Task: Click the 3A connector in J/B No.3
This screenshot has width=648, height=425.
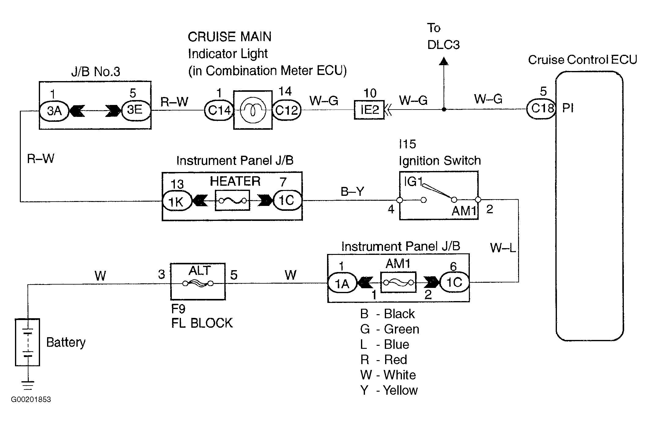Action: coord(54,110)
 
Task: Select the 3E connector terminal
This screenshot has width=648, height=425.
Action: coord(136,110)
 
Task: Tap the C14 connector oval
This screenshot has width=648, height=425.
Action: coord(219,110)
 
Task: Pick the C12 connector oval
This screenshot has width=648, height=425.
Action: coord(286,110)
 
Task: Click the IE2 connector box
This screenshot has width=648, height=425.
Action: coord(369,110)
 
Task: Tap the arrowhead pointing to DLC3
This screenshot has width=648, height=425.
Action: coord(444,61)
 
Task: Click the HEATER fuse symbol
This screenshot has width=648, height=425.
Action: coord(233,200)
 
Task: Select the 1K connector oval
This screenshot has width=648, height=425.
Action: coord(177,201)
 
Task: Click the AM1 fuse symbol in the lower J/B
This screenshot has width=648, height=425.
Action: coord(398,282)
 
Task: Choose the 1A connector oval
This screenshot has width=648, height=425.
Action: coord(342,283)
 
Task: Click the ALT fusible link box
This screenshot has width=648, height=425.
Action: coord(198,281)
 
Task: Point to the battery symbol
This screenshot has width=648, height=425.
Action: coord(28,342)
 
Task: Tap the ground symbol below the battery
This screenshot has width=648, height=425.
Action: coord(28,386)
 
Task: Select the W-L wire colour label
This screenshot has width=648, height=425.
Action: coord(503,247)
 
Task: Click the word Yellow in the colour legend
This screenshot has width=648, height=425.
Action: coord(400,390)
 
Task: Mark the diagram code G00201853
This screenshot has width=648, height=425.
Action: coord(31,399)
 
